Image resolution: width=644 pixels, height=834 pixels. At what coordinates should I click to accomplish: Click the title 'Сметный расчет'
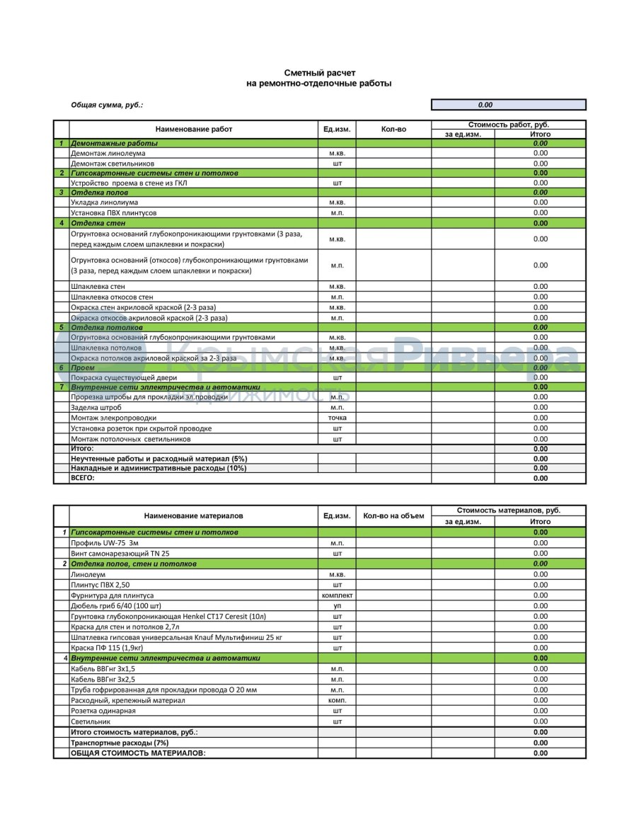(320, 73)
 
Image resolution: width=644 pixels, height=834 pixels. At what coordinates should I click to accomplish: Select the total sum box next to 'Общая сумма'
(508, 105)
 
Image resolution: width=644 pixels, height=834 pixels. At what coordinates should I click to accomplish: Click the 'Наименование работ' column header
(193, 130)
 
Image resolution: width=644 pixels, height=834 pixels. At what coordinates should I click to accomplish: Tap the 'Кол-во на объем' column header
(393, 515)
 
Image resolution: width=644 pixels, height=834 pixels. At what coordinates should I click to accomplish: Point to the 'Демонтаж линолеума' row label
(108, 153)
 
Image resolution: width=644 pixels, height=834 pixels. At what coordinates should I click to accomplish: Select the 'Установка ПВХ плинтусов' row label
(113, 212)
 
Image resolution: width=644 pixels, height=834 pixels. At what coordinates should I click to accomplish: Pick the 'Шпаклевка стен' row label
(98, 287)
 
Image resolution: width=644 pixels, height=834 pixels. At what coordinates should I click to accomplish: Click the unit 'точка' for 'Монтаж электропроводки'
(337, 418)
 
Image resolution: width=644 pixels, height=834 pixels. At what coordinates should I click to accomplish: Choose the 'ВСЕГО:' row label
(82, 478)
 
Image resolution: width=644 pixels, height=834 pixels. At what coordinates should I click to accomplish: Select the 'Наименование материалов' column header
(193, 516)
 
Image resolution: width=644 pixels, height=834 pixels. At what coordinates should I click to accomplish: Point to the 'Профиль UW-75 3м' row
(105, 542)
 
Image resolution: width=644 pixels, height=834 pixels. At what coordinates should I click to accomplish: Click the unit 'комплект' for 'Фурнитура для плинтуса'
(337, 595)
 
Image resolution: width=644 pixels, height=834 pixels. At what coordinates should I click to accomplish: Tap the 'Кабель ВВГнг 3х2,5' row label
(103, 679)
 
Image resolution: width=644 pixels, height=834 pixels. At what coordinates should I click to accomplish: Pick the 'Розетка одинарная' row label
(103, 710)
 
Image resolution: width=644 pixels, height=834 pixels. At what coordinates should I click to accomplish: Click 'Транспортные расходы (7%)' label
(120, 743)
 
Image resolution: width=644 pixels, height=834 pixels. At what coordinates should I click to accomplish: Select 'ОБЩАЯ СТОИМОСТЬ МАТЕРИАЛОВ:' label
(138, 753)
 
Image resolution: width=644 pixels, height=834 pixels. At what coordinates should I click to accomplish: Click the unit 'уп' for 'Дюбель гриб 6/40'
(337, 606)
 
